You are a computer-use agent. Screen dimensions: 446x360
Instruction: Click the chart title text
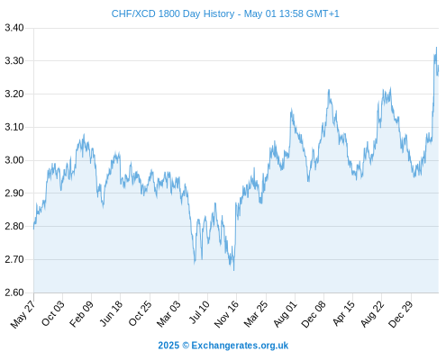click(x=225, y=13)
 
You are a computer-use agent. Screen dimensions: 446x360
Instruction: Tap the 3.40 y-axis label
click(x=14, y=28)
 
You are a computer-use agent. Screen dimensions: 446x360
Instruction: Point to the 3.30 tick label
click(x=14, y=61)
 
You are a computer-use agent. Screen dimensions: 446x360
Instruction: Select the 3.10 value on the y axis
click(x=14, y=127)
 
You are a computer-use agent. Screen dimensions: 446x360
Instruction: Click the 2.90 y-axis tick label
click(x=14, y=193)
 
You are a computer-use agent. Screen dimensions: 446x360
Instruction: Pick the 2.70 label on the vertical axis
click(x=14, y=259)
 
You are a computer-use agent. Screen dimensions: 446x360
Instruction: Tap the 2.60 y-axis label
click(x=14, y=292)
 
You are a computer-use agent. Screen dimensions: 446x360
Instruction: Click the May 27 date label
click(x=23, y=314)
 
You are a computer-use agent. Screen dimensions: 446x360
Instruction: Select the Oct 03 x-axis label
click(x=53, y=313)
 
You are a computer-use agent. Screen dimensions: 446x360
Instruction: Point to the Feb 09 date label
click(x=81, y=314)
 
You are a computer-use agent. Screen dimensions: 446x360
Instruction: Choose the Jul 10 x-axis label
click(x=199, y=312)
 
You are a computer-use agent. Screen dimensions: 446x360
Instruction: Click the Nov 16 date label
click(x=226, y=314)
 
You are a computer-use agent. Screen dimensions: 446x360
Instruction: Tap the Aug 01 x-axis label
click(x=286, y=314)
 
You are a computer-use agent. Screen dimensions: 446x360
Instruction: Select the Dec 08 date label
click(x=314, y=314)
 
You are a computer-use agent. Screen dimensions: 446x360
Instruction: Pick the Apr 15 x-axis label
click(x=343, y=313)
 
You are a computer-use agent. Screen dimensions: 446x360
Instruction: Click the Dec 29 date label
click(x=401, y=314)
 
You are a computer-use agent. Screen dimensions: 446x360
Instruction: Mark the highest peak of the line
click(x=436, y=47)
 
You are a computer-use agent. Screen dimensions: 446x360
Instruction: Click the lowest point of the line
click(x=234, y=271)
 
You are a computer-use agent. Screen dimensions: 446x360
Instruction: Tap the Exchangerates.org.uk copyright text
click(x=223, y=346)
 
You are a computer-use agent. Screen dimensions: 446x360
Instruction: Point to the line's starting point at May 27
click(x=33, y=229)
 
